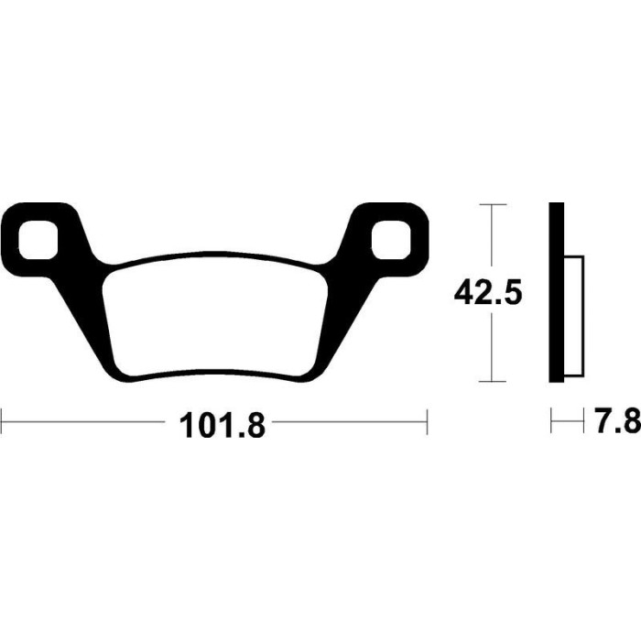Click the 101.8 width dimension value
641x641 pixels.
[223, 425]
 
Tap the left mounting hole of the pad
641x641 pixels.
[38, 240]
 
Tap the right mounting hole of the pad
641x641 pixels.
[391, 240]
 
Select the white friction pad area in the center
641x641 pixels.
[215, 315]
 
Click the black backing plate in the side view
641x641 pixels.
[557, 292]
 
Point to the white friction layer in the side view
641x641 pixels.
[574, 316]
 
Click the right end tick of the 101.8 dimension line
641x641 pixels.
[427, 421]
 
